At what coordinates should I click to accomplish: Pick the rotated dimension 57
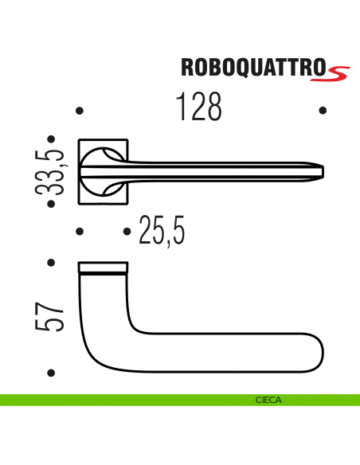tap(51, 318)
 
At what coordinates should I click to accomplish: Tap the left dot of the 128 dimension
tap(79, 111)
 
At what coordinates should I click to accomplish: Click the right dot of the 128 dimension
tap(322, 111)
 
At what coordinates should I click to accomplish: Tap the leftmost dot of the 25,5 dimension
tap(79, 232)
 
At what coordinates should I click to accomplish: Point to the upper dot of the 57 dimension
tap(51, 262)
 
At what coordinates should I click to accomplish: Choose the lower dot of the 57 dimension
tap(51, 372)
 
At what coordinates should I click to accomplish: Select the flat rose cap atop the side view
tap(103, 266)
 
